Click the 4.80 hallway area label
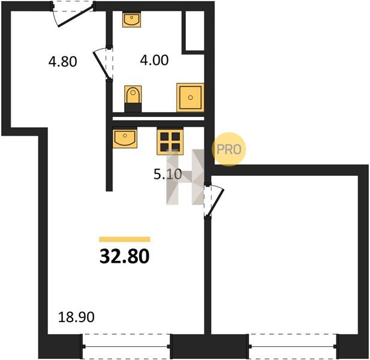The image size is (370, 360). tap(63, 62)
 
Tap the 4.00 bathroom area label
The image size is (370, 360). tap(154, 60)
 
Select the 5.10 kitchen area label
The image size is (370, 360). tap(168, 175)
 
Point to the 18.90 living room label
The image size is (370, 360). tap(76, 317)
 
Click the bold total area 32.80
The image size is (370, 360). tap(125, 257)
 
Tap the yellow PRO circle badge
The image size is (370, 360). tap(229, 149)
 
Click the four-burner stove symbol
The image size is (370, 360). tap(170, 142)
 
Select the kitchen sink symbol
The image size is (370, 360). tap(125, 139)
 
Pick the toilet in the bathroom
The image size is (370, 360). tap(133, 98)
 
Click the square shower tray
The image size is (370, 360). tap(190, 97)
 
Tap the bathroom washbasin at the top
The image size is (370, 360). tap(132, 20)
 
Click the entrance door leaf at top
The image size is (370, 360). tap(75, 17)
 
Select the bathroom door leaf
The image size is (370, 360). tap(102, 65)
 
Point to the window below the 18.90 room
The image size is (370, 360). tap(127, 347)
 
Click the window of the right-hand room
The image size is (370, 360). tap(293, 347)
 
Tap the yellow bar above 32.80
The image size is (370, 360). tap(125, 239)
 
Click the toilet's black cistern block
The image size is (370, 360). tap(133, 107)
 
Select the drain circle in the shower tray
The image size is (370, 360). tap(191, 97)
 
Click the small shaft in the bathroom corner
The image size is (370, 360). tap(195, 31)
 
